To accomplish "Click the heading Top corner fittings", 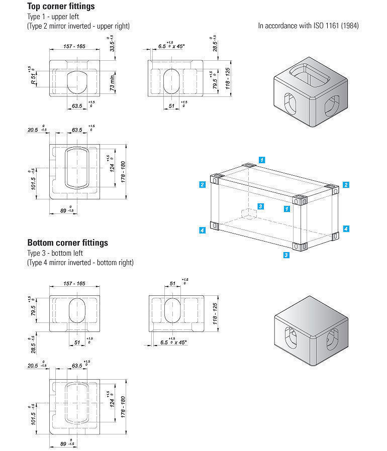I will tap(61, 7).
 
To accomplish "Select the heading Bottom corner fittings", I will tap(67, 243).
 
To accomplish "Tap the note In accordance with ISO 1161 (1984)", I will tap(308, 26).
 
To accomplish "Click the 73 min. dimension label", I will tap(114, 81).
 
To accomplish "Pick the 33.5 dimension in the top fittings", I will tap(113, 46).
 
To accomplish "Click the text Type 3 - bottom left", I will tap(55, 253).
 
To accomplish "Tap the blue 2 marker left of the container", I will tap(202, 185).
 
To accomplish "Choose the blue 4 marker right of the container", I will tap(346, 229).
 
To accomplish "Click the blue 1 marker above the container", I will tap(262, 160).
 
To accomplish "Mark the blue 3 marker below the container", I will tap(286, 255).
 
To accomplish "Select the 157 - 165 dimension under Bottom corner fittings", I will tap(74, 284).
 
